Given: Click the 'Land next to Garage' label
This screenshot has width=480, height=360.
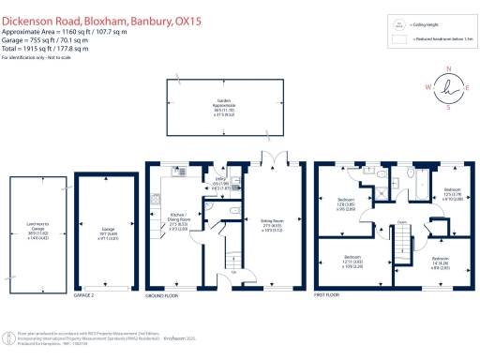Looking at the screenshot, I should (37, 229).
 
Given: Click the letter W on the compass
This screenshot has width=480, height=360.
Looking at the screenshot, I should (428, 87).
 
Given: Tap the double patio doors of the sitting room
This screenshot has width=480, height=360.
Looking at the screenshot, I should (272, 157).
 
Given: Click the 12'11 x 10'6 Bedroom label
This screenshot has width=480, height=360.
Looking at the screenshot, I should (352, 261).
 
